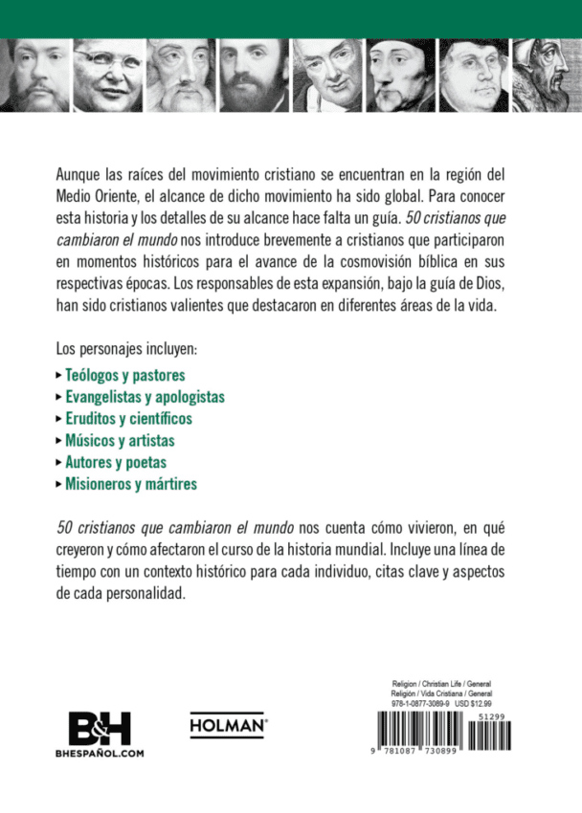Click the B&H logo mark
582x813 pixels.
pyautogui.click(x=100, y=729)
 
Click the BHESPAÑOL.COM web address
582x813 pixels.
pyautogui.click(x=100, y=753)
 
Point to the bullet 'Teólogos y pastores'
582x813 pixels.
pyautogui.click(x=124, y=376)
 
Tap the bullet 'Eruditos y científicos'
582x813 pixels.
pyautogui.click(x=128, y=419)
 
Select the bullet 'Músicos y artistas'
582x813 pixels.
pyautogui.click(x=120, y=441)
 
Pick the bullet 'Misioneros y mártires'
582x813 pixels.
pyautogui.click(x=131, y=484)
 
